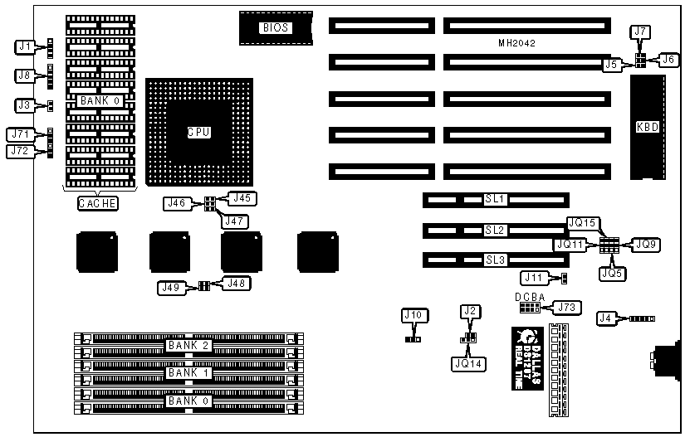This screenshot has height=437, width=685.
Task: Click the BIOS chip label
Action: point(276,28)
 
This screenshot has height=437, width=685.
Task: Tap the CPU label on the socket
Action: point(197,132)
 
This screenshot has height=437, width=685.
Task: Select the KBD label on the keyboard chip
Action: point(647,128)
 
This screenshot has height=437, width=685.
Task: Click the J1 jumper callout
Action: point(26,46)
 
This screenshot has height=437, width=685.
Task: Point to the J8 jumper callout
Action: point(26,75)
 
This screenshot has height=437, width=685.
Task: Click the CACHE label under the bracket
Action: point(96,203)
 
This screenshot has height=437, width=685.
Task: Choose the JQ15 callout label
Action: point(582,222)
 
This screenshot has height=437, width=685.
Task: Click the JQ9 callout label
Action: point(644,245)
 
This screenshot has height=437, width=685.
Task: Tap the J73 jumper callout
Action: point(566,308)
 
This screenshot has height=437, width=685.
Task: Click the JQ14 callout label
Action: point(469,363)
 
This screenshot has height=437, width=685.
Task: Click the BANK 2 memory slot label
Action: point(188,345)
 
